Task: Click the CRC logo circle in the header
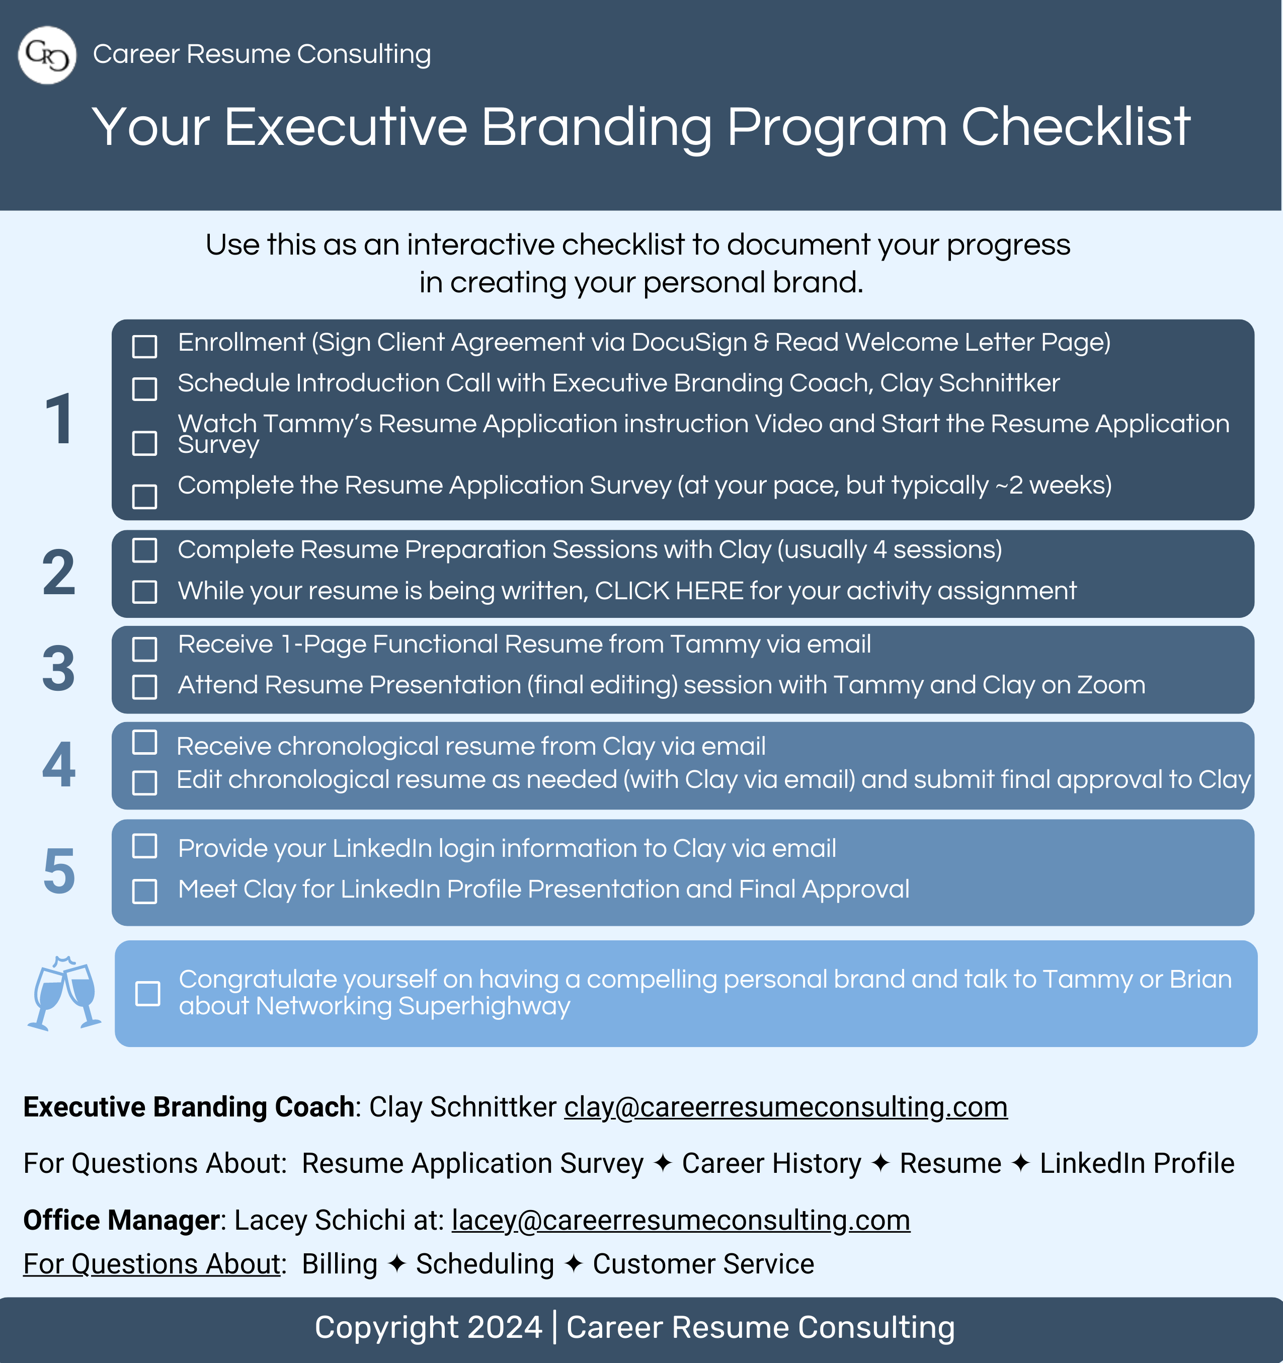(x=47, y=55)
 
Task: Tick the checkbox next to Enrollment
(x=145, y=346)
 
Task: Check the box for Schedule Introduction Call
(x=145, y=389)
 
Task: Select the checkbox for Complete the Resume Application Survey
(x=145, y=497)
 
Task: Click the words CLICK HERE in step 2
(x=669, y=590)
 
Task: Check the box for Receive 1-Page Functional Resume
(x=145, y=649)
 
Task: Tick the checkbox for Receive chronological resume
(x=145, y=742)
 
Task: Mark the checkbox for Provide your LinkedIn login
(x=145, y=846)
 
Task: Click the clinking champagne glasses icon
(x=64, y=993)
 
